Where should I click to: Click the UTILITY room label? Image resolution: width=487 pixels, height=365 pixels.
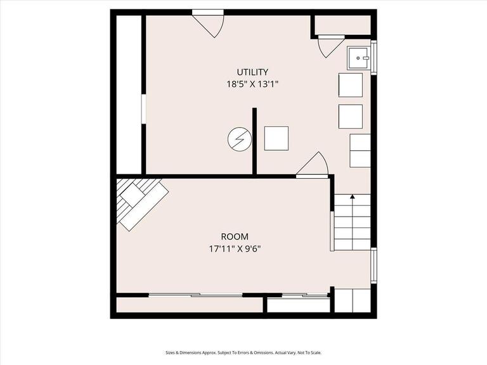252,72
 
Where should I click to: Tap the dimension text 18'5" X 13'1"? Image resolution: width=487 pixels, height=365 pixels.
252,84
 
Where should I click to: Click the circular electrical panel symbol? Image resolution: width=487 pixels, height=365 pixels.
238,139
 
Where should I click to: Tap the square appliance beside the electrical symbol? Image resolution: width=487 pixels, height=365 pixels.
276,138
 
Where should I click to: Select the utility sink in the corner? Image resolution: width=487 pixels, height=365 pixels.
359,58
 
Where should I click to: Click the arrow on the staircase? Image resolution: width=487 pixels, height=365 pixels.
353,198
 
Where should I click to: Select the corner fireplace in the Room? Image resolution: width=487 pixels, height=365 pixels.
141,202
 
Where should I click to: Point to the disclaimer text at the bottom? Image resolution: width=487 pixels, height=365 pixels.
243,352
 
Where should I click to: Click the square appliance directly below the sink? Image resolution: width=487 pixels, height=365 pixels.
351,85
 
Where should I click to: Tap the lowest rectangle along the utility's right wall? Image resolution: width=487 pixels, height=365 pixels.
360,150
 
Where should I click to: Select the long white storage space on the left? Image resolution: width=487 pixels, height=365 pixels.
129,94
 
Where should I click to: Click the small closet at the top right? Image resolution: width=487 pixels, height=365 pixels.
342,25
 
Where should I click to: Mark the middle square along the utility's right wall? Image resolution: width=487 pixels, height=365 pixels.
351,117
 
